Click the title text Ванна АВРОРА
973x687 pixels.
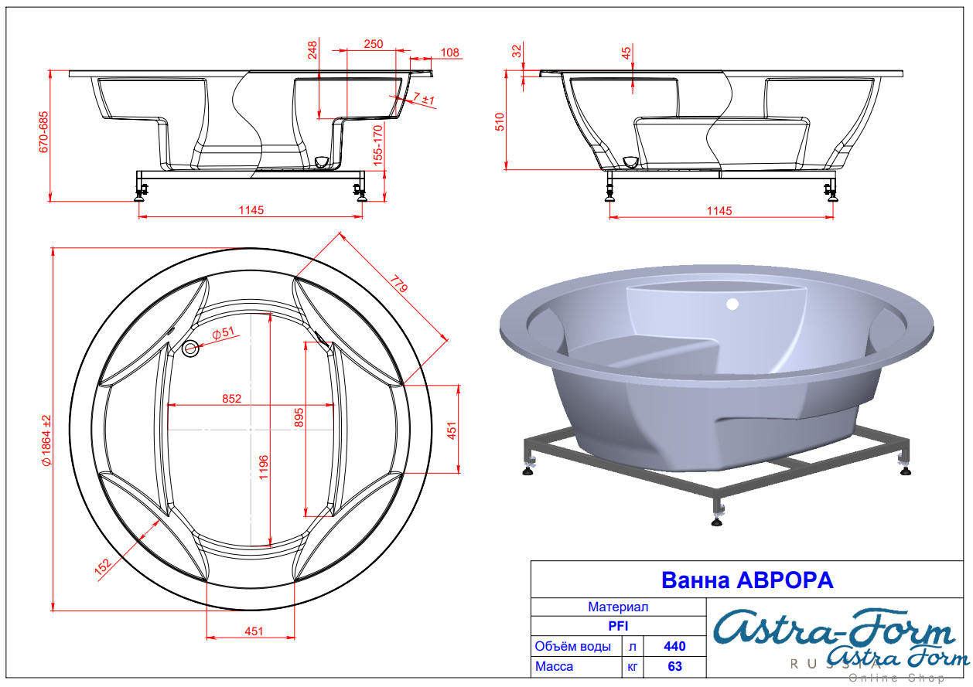[x=747, y=580]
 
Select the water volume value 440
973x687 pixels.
[x=674, y=646]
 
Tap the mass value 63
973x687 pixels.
[x=674, y=666]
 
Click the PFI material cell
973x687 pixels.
[x=618, y=626]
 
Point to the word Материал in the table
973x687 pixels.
[x=618, y=607]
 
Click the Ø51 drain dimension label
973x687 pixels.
[x=223, y=333]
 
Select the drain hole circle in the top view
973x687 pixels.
[x=190, y=348]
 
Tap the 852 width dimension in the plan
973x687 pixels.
[x=231, y=399]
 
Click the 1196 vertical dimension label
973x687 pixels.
[x=264, y=467]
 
